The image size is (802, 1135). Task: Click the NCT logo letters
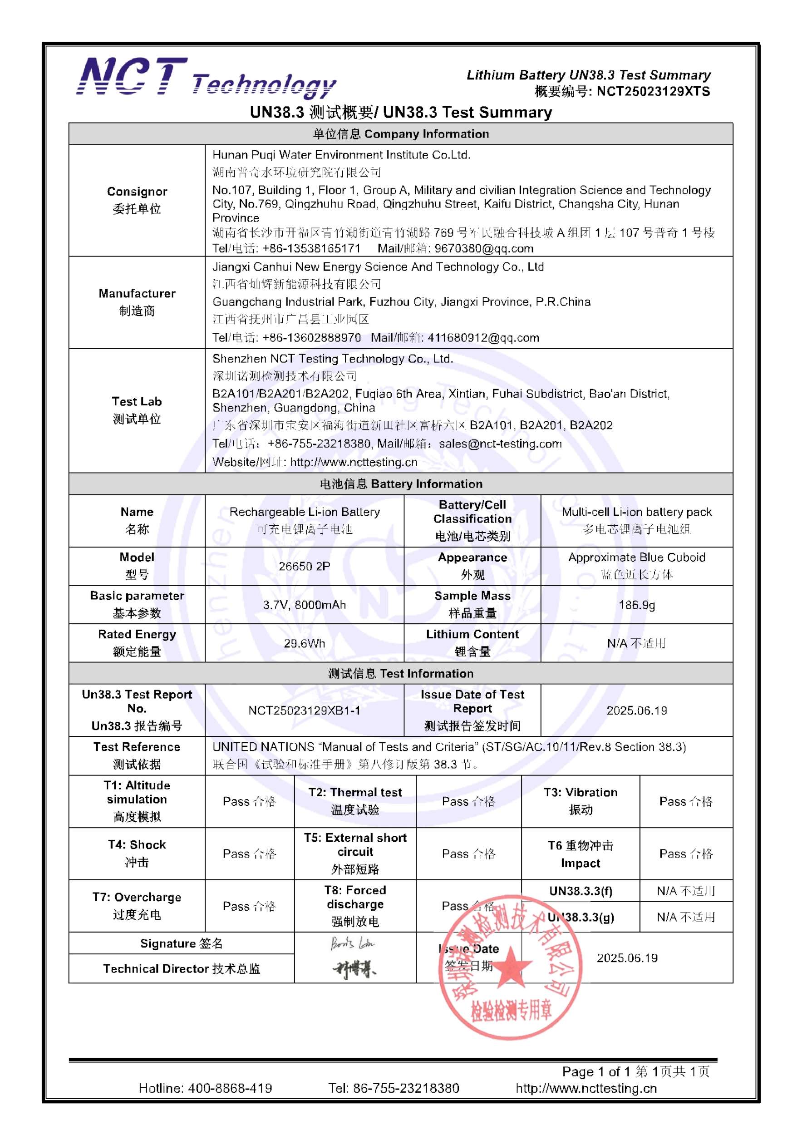click(x=132, y=77)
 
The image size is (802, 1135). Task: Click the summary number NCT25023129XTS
click(x=653, y=91)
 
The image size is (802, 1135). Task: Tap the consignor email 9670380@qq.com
click(x=484, y=248)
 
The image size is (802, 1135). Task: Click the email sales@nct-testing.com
click(x=500, y=444)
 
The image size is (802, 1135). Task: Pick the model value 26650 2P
click(x=305, y=566)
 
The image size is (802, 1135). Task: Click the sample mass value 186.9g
click(x=636, y=605)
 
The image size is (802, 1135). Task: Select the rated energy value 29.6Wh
click(x=305, y=643)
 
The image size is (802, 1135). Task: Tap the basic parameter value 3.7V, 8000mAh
click(x=305, y=605)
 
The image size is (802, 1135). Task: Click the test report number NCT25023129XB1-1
click(x=305, y=711)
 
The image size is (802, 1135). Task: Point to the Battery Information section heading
click(x=401, y=484)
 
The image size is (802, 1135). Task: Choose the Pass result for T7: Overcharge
click(x=249, y=906)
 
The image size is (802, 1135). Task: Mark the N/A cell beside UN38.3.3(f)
click(x=686, y=891)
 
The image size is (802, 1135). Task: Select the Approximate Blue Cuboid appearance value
click(x=636, y=557)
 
